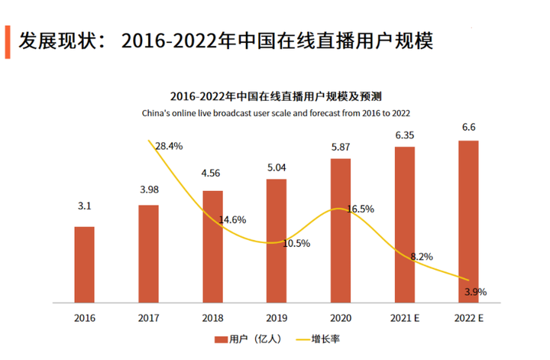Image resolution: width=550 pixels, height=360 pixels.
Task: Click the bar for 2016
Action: [x=84, y=264]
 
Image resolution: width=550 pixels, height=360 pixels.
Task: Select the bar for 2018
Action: [x=212, y=245]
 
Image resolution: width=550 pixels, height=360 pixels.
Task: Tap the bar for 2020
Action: [x=341, y=229]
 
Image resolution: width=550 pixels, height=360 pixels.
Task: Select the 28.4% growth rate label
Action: [x=169, y=145]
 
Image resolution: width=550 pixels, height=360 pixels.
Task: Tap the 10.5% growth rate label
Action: [x=296, y=244]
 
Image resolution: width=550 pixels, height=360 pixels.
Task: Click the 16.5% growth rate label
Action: [x=361, y=208]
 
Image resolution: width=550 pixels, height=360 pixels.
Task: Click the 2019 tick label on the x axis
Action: [x=277, y=316]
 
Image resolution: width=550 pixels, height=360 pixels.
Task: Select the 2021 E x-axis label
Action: [x=405, y=316]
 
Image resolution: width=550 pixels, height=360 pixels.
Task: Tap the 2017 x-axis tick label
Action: [x=148, y=316]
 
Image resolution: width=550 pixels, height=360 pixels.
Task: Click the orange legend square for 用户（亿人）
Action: [x=218, y=339]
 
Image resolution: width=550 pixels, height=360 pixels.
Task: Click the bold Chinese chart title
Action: [x=276, y=97]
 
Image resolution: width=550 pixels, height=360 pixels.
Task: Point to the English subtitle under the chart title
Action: [x=276, y=112]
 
